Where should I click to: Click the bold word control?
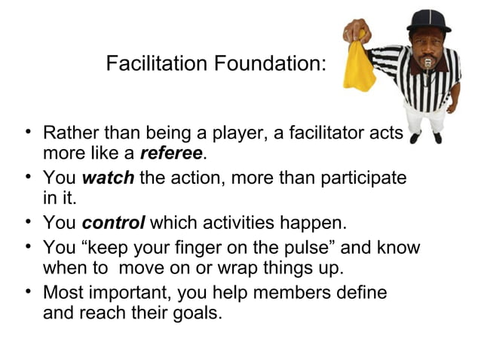point(114,224)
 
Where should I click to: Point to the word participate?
point(361,179)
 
